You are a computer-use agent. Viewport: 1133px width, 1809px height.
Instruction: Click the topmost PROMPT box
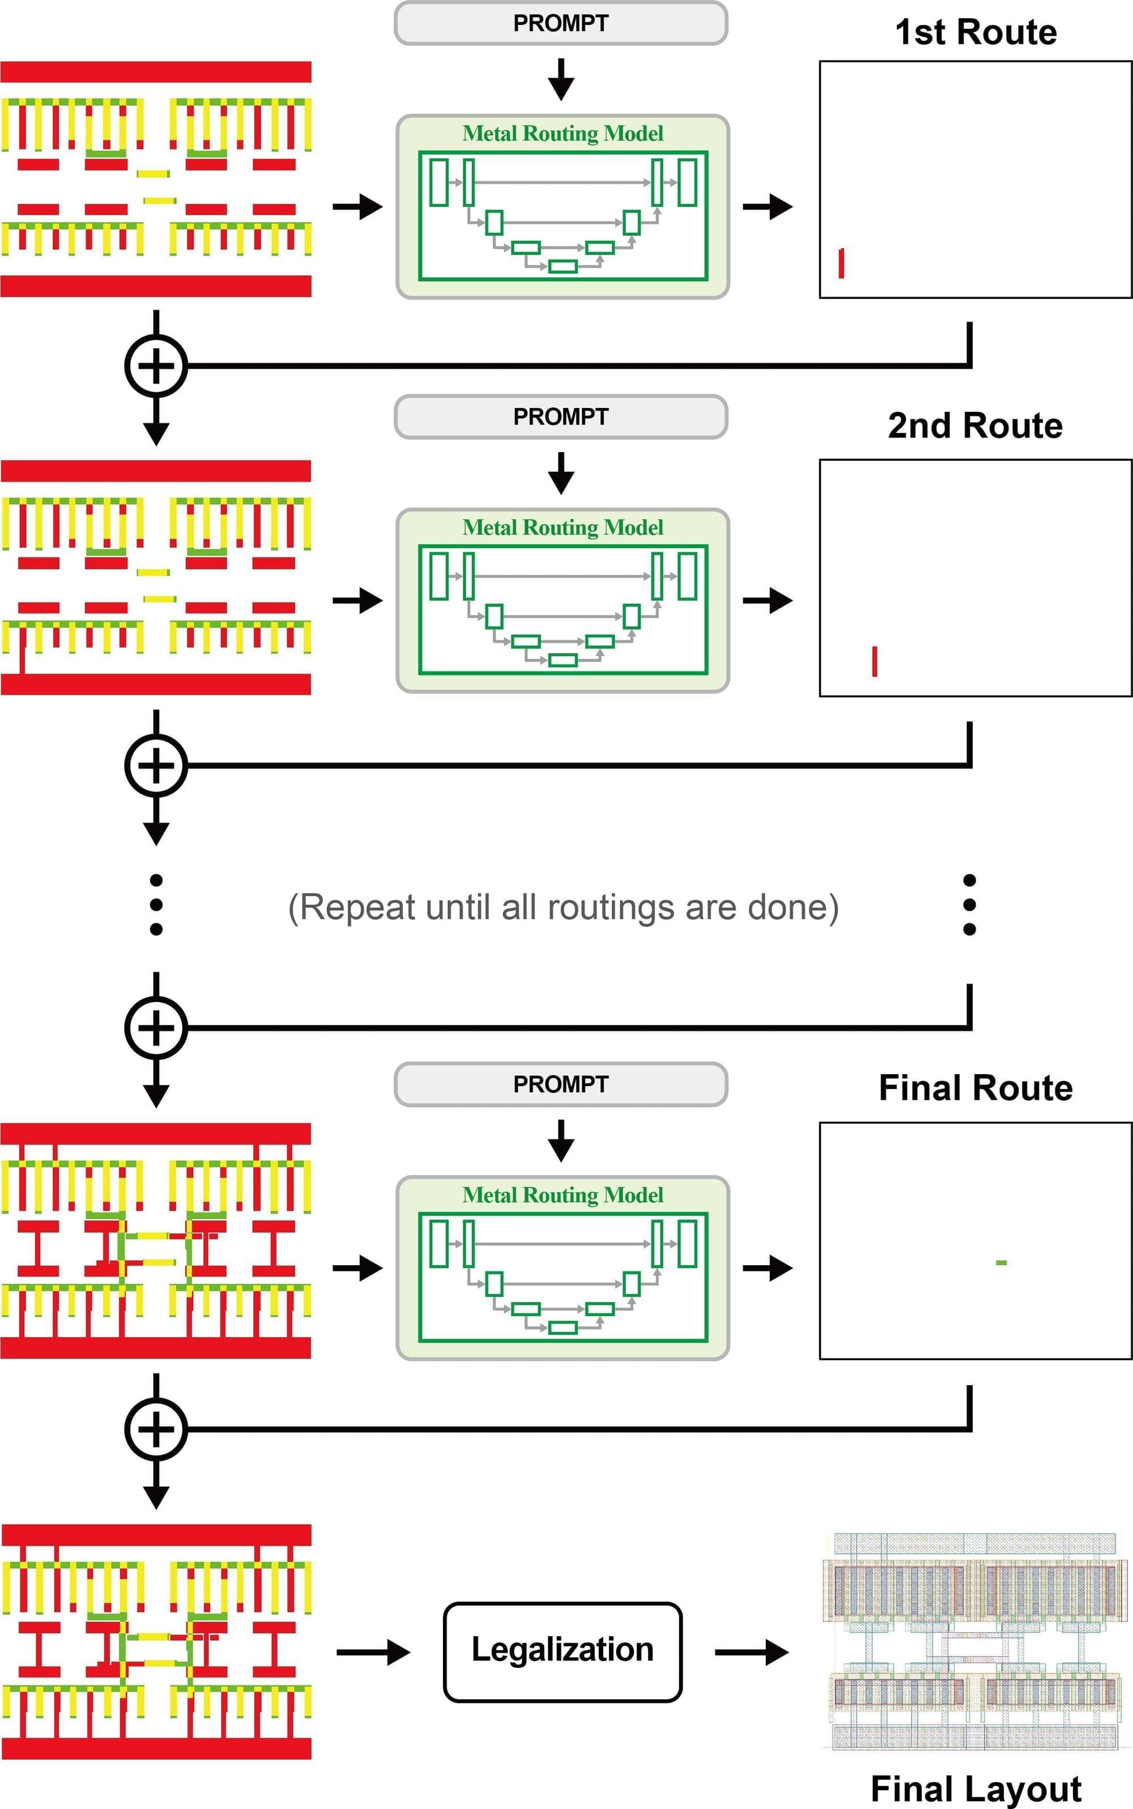pyautogui.click(x=560, y=23)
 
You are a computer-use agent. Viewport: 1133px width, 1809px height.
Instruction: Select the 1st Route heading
pyautogui.click(x=976, y=32)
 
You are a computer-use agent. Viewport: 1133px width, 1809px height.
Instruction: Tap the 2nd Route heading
pyautogui.click(x=975, y=425)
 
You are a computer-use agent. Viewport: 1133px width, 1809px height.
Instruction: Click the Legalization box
pyautogui.click(x=562, y=1651)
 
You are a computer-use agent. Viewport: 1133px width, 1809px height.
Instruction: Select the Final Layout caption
pyautogui.click(x=976, y=1789)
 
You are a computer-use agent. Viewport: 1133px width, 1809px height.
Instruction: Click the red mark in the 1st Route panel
pyautogui.click(x=841, y=263)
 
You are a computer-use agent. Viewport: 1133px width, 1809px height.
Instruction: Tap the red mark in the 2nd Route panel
pyautogui.click(x=875, y=661)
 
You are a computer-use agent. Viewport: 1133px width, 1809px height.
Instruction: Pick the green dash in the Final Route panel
pyautogui.click(x=1001, y=1263)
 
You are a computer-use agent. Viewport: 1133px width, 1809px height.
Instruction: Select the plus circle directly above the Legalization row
pyautogui.click(x=156, y=1428)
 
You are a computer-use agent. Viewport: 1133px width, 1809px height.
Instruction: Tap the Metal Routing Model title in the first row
pyautogui.click(x=563, y=133)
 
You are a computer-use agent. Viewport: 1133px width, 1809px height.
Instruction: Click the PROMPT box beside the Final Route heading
pyautogui.click(x=560, y=1084)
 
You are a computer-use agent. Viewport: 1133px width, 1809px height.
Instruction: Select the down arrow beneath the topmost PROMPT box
pyautogui.click(x=560, y=79)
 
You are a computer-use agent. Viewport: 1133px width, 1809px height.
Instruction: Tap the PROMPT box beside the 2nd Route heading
pyautogui.click(x=560, y=416)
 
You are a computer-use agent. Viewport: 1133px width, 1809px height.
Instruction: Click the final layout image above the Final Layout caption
pyautogui.click(x=976, y=1641)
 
